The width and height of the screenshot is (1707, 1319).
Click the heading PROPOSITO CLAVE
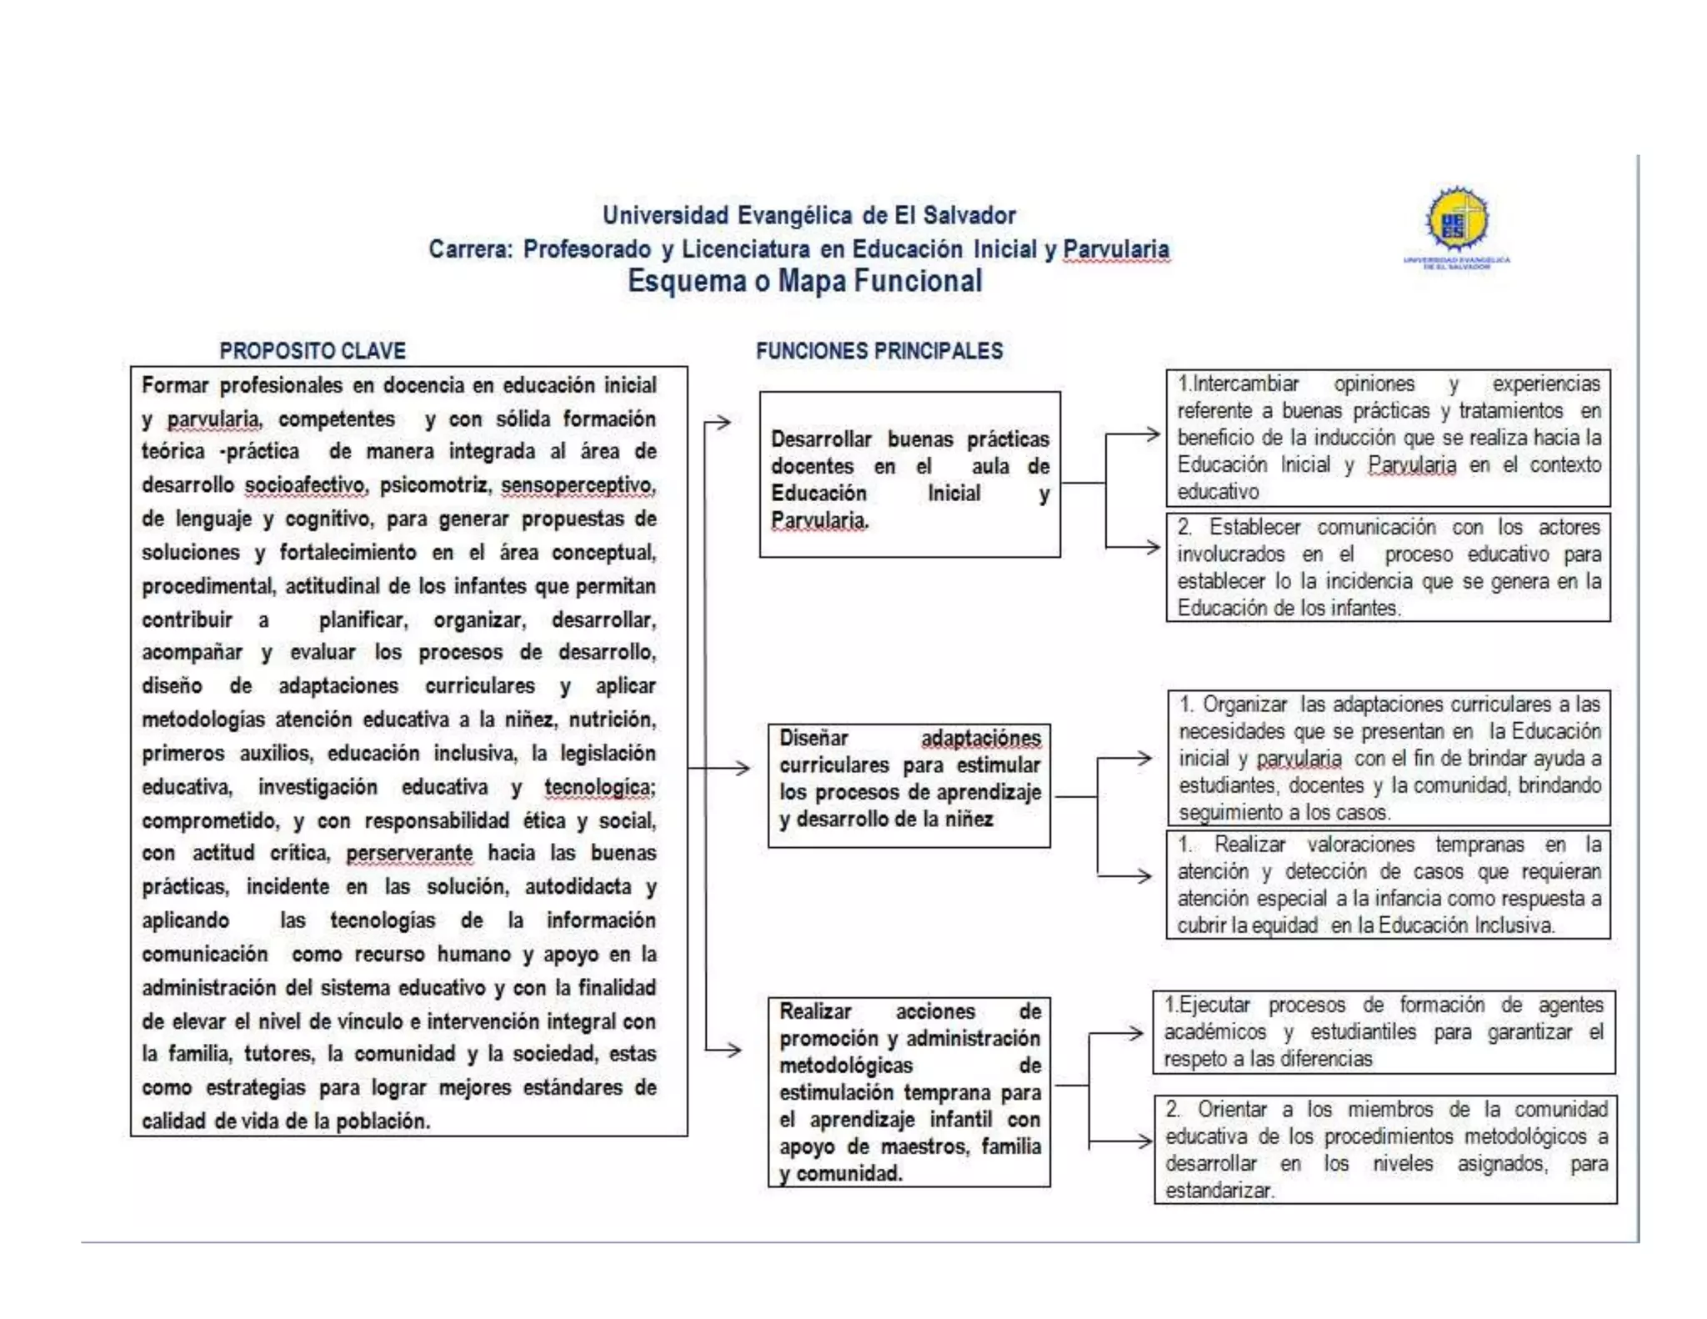click(x=313, y=351)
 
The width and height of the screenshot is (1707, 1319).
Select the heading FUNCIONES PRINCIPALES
click(x=879, y=351)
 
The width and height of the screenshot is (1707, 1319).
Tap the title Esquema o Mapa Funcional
click(x=804, y=281)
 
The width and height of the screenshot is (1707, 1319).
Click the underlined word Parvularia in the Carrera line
click(x=1115, y=249)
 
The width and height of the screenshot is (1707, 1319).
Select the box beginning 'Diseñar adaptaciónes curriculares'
click(x=909, y=785)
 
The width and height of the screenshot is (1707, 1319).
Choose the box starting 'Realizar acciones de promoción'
click(x=909, y=1091)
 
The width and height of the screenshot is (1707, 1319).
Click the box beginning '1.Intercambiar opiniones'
click(x=1388, y=438)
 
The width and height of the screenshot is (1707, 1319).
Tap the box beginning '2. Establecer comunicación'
click(x=1388, y=567)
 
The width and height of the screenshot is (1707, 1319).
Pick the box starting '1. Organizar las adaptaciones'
click(x=1388, y=757)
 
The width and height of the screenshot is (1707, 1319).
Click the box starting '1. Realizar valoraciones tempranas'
click(x=1388, y=885)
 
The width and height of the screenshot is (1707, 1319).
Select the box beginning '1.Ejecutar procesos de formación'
click(x=1384, y=1031)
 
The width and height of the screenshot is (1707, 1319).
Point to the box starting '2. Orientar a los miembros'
click(x=1385, y=1149)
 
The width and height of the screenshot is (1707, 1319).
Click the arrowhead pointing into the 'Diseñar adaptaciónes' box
click(x=741, y=768)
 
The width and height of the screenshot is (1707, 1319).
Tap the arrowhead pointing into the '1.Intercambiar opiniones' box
click(x=1153, y=434)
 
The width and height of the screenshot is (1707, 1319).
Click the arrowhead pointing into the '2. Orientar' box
click(x=1144, y=1141)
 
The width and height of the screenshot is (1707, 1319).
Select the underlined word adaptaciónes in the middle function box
click(x=980, y=739)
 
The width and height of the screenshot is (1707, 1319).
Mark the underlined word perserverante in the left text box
click(x=408, y=854)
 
